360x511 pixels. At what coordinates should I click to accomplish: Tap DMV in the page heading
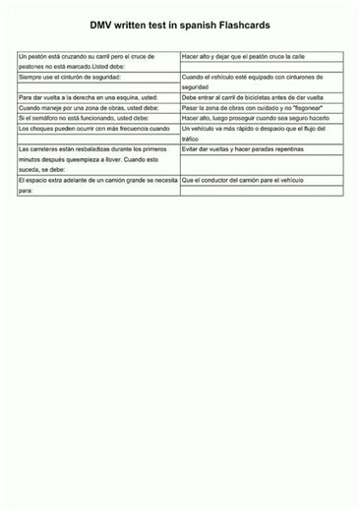102,31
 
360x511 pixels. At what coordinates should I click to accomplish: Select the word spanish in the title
195,31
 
